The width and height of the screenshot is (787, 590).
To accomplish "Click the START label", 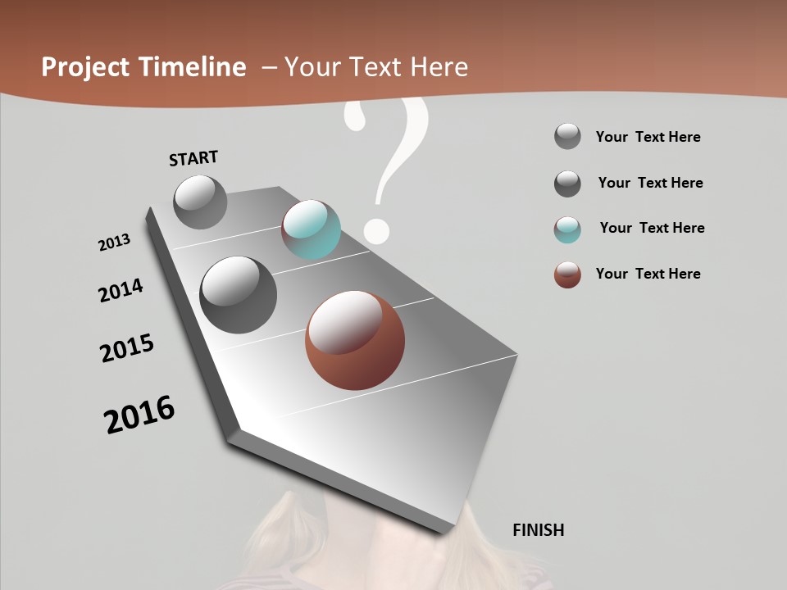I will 193,157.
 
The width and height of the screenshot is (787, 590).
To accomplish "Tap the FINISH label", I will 538,530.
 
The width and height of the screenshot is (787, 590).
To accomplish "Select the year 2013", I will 115,243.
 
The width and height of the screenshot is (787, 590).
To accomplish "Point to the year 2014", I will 121,291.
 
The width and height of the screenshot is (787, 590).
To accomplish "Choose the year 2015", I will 127,348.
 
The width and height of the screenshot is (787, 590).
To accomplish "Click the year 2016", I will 139,415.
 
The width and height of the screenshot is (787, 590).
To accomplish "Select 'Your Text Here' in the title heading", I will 376,67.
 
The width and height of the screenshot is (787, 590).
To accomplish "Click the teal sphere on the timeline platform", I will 311,229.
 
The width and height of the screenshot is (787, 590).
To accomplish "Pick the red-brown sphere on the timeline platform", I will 354,340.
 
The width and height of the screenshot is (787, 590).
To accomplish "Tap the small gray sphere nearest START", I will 200,202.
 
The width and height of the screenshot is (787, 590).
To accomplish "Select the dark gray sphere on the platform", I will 238,294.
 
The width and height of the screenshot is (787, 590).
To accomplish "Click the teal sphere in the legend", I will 567,229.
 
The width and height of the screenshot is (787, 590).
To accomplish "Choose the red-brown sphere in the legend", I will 567,275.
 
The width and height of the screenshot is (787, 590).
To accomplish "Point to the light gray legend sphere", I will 567,136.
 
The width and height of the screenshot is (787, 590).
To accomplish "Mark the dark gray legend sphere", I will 567,184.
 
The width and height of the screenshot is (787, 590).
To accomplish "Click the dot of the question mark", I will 375,230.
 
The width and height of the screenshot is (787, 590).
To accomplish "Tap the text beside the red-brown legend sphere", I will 648,274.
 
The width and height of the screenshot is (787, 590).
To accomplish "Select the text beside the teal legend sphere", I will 652,228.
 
